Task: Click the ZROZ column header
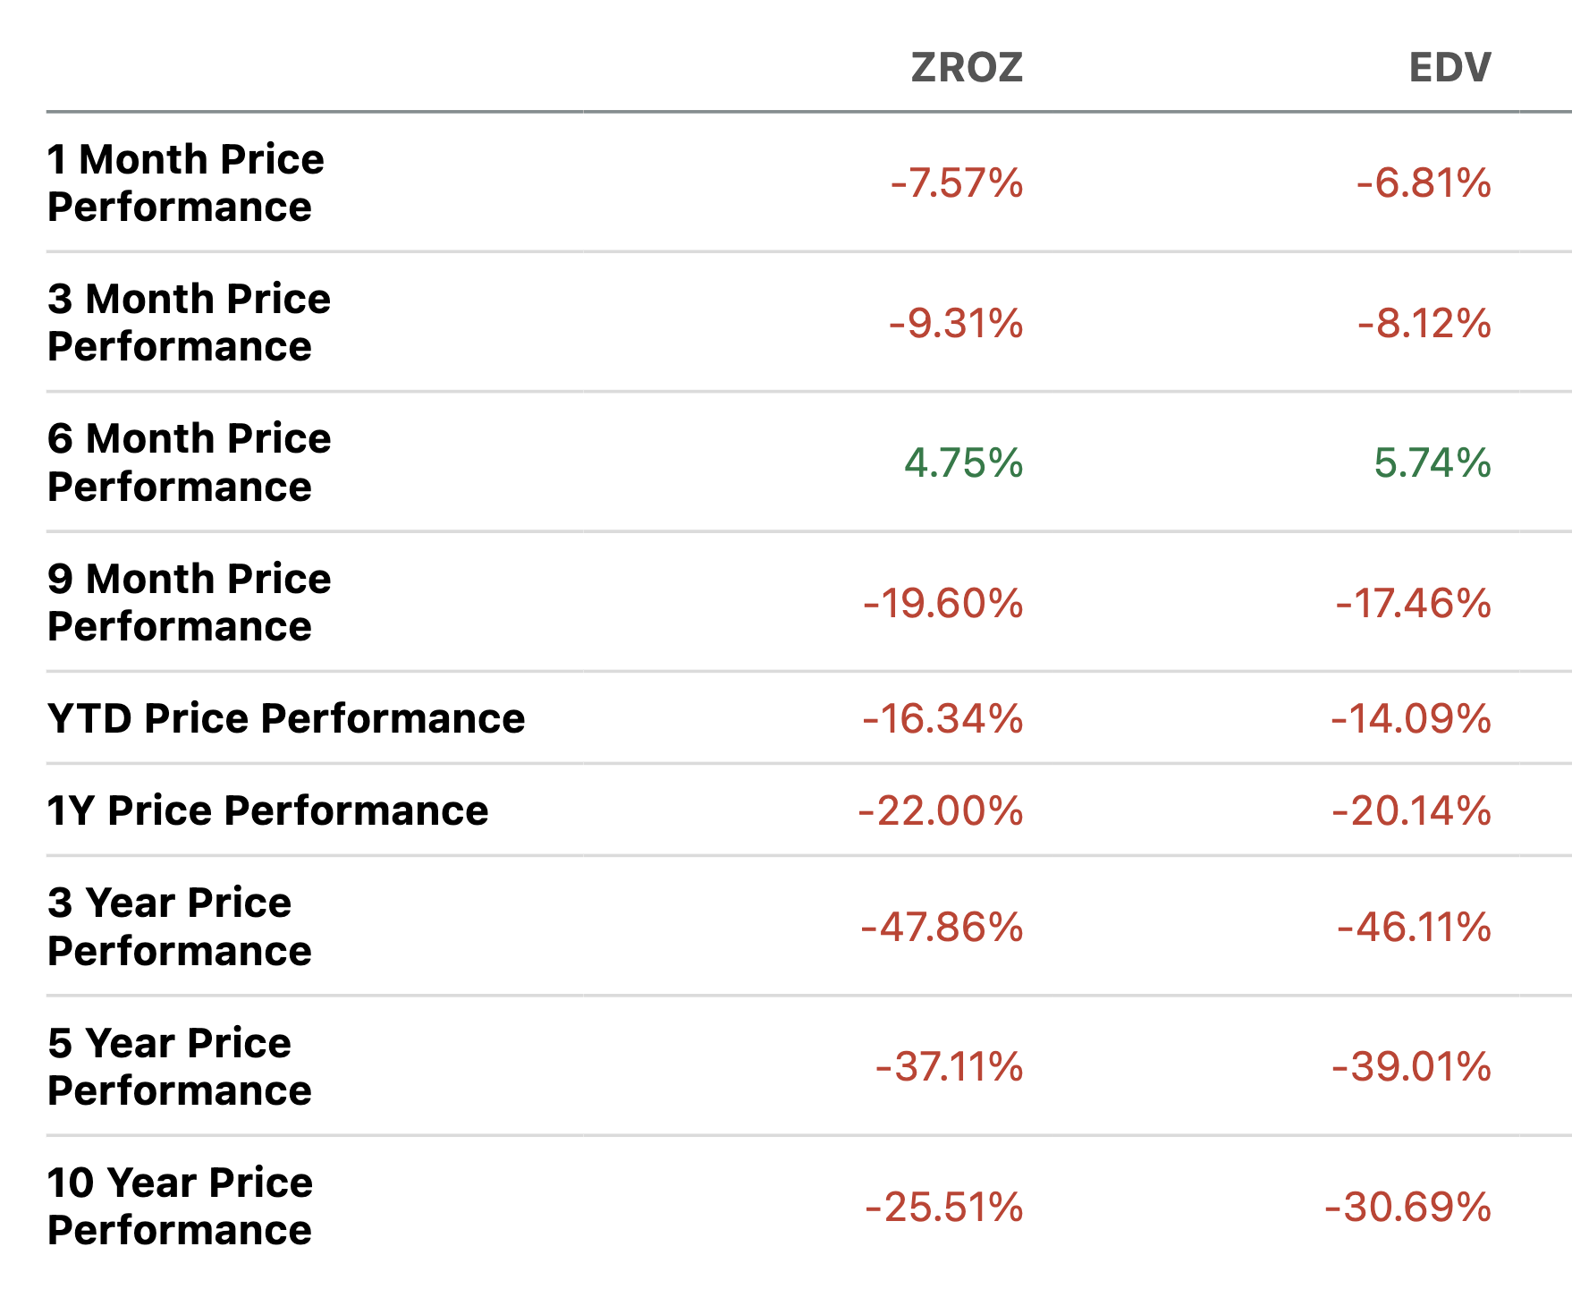[967, 68]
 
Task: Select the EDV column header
[1449, 68]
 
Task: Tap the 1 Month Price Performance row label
[185, 182]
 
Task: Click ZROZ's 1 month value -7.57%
[956, 183]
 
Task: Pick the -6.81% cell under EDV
[1424, 183]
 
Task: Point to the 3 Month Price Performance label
[189, 322]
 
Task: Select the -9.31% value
[956, 323]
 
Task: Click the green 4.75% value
[963, 463]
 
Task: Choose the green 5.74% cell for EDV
[1432, 463]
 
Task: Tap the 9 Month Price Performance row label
[189, 602]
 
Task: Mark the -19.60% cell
[942, 603]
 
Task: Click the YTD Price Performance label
[286, 718]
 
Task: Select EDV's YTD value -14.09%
[1411, 718]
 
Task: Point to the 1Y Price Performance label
[267, 810]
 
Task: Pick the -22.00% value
[941, 810]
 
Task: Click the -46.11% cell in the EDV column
[1414, 927]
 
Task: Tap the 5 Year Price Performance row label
[179, 1066]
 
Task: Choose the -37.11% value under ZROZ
[949, 1066]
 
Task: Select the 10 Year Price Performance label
[180, 1206]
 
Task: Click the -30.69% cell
[1407, 1207]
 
